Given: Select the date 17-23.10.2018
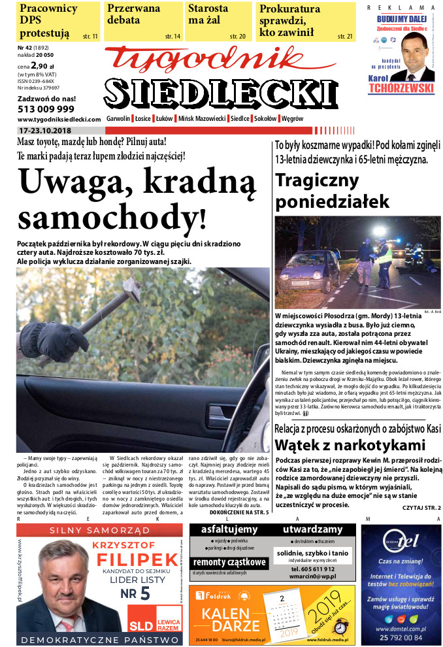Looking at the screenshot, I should click(44, 130).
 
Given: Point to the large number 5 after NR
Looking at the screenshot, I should click(144, 593).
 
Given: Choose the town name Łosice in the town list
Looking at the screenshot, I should click(143, 119).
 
